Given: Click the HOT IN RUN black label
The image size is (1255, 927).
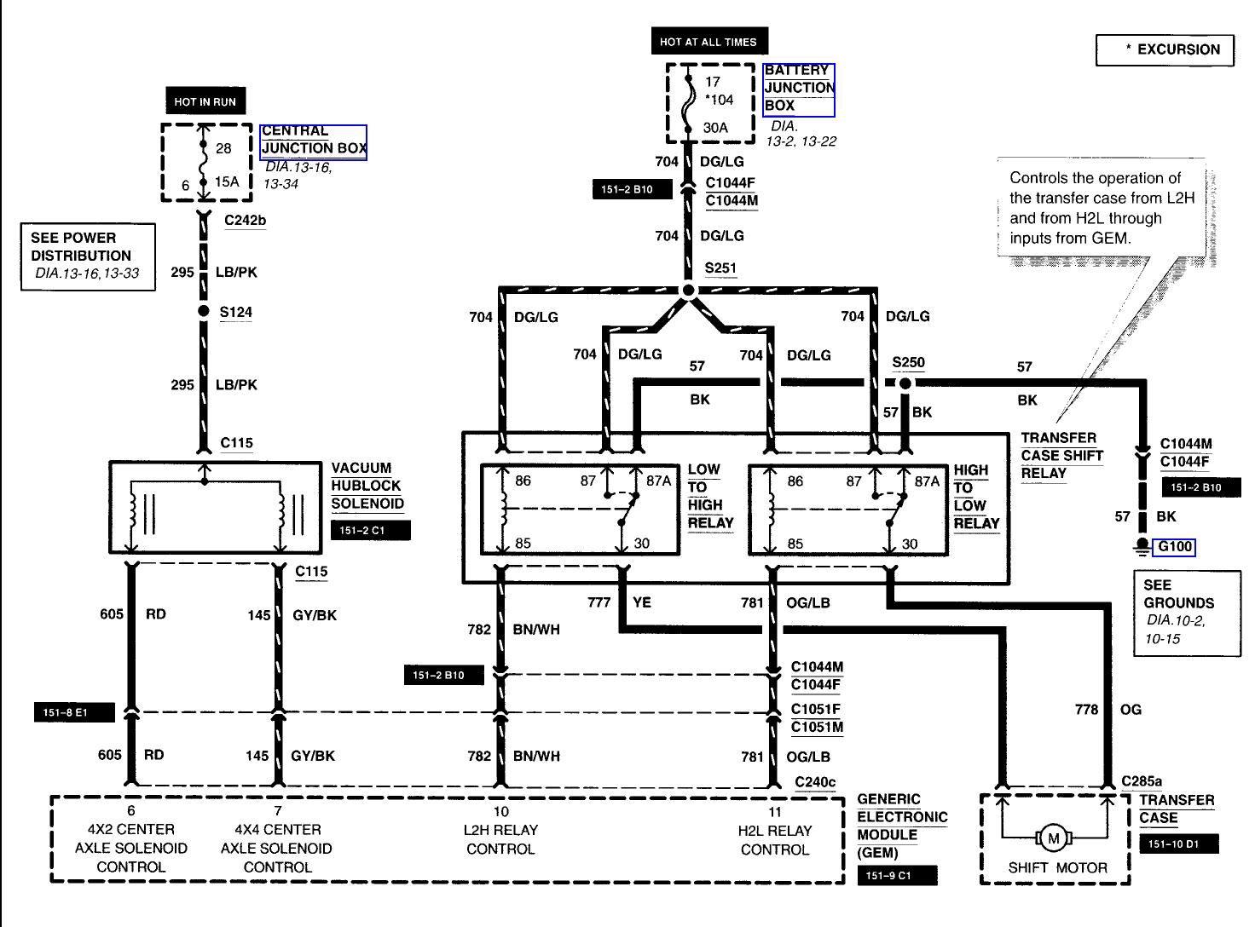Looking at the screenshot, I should point(205,101).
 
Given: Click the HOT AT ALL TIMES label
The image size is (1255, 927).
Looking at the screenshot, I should point(708,41).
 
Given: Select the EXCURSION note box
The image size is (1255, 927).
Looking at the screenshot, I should point(1165,49).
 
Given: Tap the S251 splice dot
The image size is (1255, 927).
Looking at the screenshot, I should point(688,291).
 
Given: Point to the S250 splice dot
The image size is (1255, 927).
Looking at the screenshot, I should point(905,383).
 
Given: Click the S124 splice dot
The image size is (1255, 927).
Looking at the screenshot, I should point(203,311).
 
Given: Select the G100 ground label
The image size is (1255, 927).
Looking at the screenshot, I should point(1173,547).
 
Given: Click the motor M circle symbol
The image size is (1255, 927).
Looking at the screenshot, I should point(1053,838).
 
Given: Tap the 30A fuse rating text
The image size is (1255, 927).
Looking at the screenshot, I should point(715,128).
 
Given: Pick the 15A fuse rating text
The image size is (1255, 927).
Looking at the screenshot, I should point(227,181).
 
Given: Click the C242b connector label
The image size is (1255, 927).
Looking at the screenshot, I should point(245,221).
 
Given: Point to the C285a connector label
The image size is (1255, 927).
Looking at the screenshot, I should point(1142,780).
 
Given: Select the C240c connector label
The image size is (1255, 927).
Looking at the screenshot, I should point(815,781).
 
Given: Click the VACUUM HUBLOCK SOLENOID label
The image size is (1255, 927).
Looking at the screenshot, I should point(367,486).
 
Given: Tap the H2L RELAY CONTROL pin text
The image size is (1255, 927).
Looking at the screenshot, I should point(774,840).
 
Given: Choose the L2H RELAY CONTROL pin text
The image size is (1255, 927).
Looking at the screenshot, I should point(500,840).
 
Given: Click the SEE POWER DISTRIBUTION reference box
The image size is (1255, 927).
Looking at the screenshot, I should point(88,256).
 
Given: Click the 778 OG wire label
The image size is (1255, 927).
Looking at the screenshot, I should point(1108,709).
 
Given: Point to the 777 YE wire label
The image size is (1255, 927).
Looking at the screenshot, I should point(619,602).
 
